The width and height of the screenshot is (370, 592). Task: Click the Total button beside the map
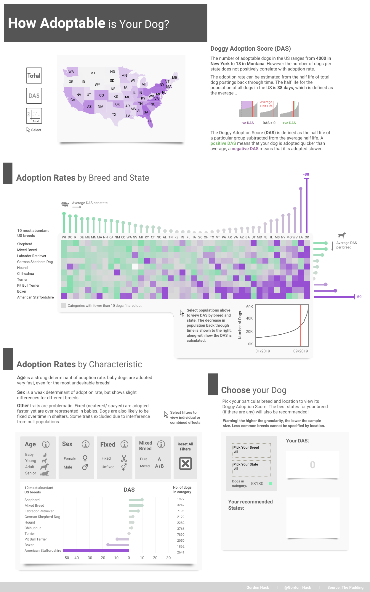pos(34,76)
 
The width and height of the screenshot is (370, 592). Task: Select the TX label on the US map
pos(114,115)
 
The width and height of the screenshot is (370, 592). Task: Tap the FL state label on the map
pos(150,121)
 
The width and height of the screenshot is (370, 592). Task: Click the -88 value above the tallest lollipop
pos(306,174)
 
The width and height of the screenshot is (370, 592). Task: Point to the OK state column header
pos(307,237)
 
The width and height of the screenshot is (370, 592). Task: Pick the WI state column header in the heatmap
pos(64,237)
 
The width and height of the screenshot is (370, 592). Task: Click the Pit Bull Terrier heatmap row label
pos(28,285)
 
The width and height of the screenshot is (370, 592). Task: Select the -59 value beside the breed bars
pos(358,297)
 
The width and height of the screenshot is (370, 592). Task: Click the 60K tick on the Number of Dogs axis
pos(249,307)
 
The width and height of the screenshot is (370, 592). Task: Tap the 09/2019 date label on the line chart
pos(300,351)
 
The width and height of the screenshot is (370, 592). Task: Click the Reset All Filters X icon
pos(185,463)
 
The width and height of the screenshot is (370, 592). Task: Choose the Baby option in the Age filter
pos(29,455)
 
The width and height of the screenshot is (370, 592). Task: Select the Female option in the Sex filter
pos(70,459)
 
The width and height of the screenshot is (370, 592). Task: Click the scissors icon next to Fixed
pos(124,458)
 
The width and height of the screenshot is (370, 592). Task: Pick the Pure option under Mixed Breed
pos(144,459)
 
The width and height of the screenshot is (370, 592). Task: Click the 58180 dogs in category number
pos(257,484)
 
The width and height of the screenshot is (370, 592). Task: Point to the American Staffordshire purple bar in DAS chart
pos(96,551)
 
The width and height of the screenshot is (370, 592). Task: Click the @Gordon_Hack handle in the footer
pos(297,588)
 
